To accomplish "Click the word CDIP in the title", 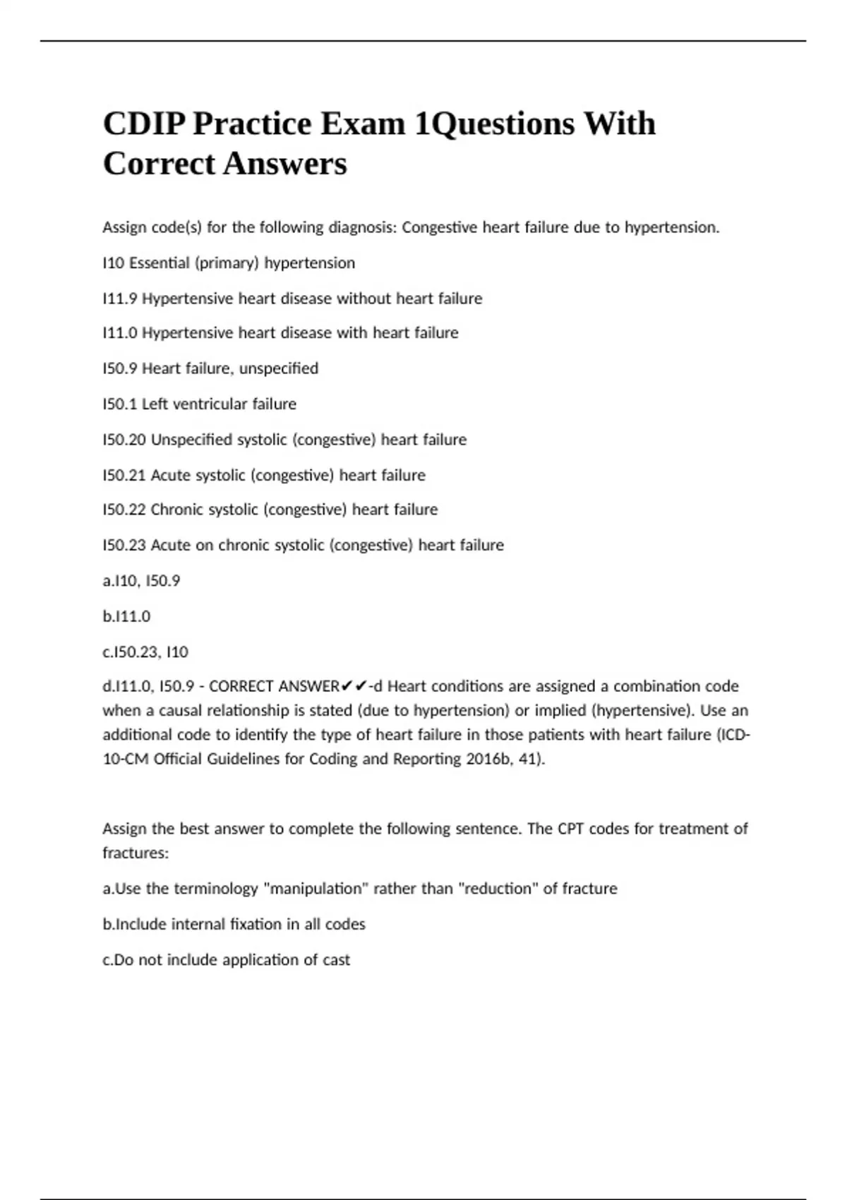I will click(x=144, y=124).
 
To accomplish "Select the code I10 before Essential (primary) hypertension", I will click(x=113, y=263).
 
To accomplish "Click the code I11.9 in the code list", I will click(x=120, y=299).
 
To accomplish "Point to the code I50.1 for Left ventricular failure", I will click(x=120, y=404).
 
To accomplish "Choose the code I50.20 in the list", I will click(x=124, y=440).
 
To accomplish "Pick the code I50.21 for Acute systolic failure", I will click(x=124, y=475).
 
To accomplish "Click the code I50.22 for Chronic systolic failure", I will click(x=124, y=510).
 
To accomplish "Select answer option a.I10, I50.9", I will click(x=141, y=581).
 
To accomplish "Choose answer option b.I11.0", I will click(x=126, y=616).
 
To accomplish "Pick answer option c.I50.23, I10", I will click(x=145, y=652).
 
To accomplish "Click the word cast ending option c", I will click(x=336, y=960).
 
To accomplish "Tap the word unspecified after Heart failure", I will click(x=279, y=369).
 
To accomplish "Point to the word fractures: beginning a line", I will click(x=136, y=853).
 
